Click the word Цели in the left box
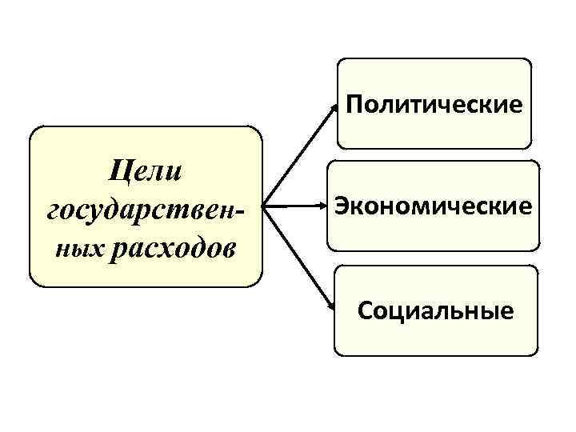tap(146, 171)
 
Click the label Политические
tap(435, 103)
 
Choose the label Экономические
tap(434, 206)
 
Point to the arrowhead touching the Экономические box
tap(322, 206)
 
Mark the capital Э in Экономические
tap(342, 206)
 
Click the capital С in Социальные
tap(366, 309)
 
